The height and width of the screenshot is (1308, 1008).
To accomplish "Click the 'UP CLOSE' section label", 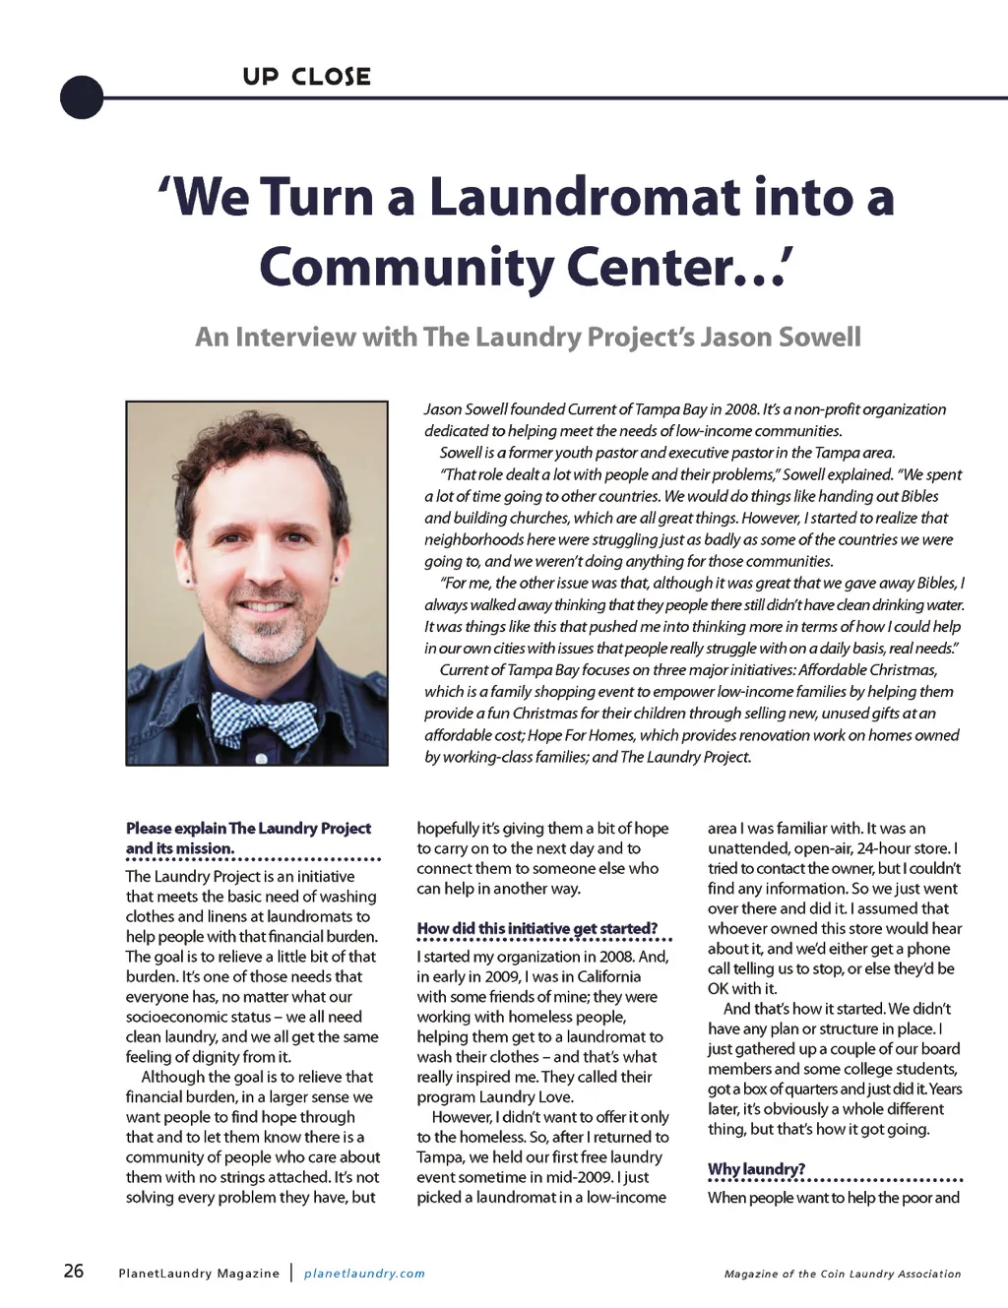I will (x=306, y=77).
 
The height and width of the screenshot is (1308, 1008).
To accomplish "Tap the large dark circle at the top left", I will (x=82, y=97).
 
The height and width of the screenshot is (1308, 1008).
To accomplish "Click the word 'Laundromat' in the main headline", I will (x=584, y=197).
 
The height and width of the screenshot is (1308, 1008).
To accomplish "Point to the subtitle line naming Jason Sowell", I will (x=528, y=338).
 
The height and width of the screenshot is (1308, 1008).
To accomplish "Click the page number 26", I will (x=74, y=1271).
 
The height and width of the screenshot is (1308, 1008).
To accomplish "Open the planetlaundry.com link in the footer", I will (x=364, y=1274).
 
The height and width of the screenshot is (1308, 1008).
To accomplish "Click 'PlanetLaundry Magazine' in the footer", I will (x=199, y=1274).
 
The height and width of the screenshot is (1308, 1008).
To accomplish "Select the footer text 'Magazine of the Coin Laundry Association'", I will (x=843, y=1274).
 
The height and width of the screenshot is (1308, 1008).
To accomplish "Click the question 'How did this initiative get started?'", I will (x=536, y=928).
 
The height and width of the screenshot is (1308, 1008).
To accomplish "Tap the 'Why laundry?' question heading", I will (x=756, y=1169).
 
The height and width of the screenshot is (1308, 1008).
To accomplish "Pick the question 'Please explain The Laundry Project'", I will (x=248, y=829).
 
